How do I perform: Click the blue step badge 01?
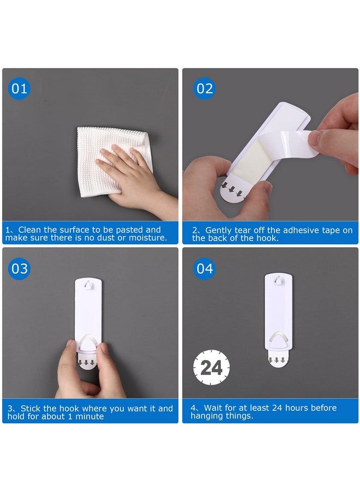(x=19, y=88)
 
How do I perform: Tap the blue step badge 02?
(x=205, y=88)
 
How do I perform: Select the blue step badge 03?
(x=19, y=268)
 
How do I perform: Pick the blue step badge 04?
(x=205, y=268)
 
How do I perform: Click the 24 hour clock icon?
(x=212, y=368)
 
